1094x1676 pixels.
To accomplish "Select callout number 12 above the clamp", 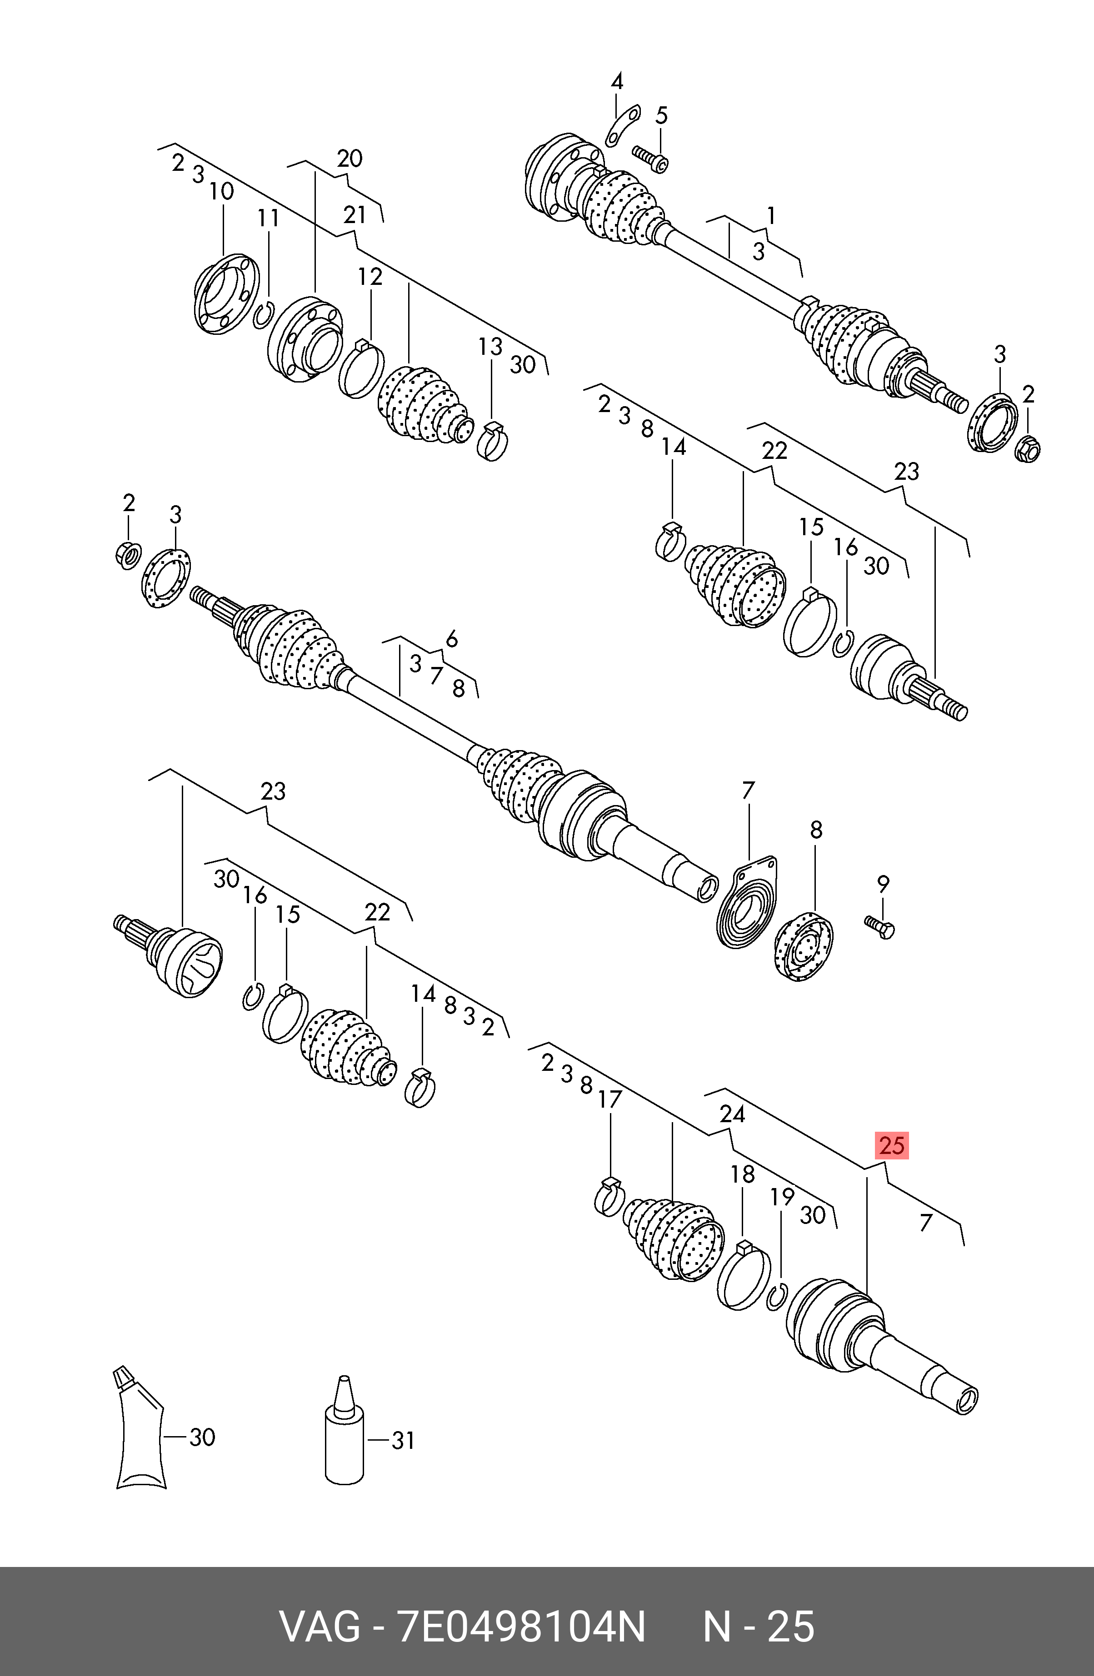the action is pyautogui.click(x=370, y=277).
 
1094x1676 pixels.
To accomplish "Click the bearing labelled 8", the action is pyautogui.click(x=804, y=945).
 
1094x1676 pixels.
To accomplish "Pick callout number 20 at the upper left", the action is pyautogui.click(x=350, y=159).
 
